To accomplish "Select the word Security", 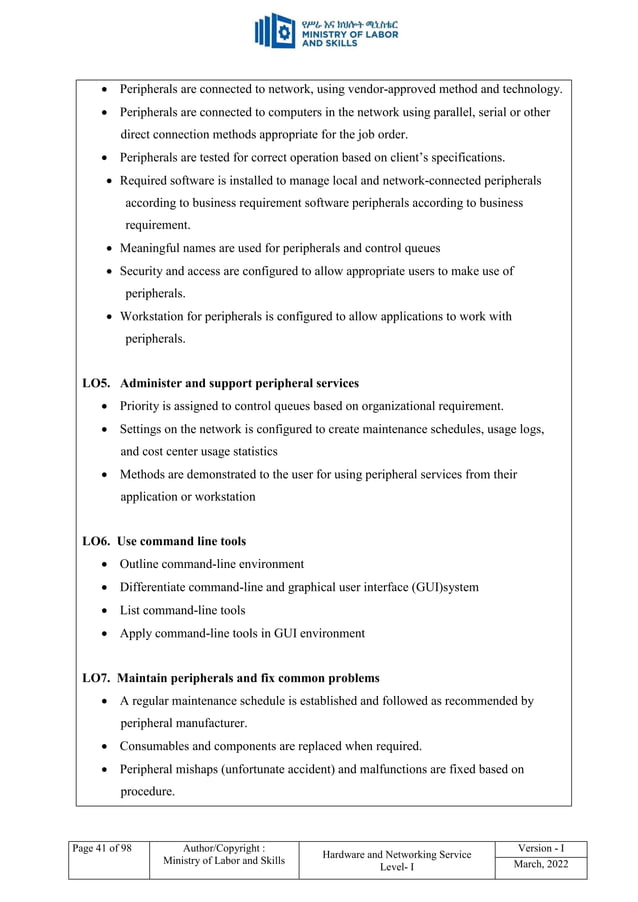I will coord(143,271).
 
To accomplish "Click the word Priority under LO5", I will coord(143,406).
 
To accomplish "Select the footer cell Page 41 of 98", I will coord(100,849).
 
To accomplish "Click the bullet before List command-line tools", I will coord(106,611).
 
